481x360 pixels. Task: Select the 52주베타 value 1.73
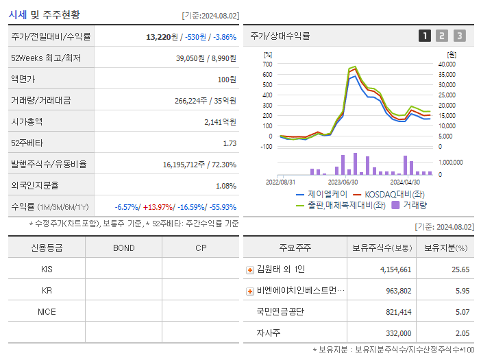click(x=229, y=143)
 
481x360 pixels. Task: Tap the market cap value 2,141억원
click(x=220, y=122)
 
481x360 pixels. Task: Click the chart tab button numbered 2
click(x=442, y=36)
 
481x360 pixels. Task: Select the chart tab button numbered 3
click(x=459, y=36)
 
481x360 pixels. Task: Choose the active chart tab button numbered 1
click(x=425, y=36)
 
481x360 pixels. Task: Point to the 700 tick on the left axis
click(x=267, y=64)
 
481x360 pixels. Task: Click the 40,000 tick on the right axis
click(x=447, y=64)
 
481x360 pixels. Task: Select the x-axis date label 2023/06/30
click(x=343, y=182)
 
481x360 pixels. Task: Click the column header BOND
click(x=123, y=248)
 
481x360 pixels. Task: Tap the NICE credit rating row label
click(x=47, y=311)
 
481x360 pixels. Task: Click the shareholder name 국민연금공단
click(x=280, y=311)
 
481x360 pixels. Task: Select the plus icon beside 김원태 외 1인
click(x=250, y=269)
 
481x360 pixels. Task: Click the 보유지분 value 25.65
click(x=460, y=269)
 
